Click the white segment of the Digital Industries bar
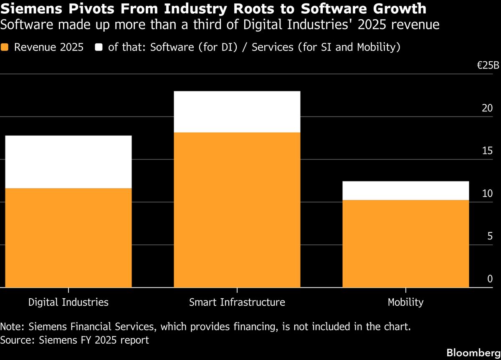[x=68, y=162]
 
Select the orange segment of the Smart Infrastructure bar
[x=237, y=210]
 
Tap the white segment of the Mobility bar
[x=405, y=191]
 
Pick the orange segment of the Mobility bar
[x=405, y=244]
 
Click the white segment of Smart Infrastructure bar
[x=237, y=112]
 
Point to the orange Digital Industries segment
[x=68, y=238]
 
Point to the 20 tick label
[x=487, y=108]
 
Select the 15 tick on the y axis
[x=487, y=151]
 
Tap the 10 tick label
[x=487, y=194]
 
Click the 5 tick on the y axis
[x=490, y=237]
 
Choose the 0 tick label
[x=490, y=279]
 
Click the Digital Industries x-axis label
[x=68, y=302]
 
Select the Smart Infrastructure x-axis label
[x=237, y=302]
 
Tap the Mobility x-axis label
[x=405, y=302]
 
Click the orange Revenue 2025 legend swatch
[x=5, y=47]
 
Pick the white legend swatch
[x=99, y=47]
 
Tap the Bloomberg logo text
[x=473, y=352]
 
